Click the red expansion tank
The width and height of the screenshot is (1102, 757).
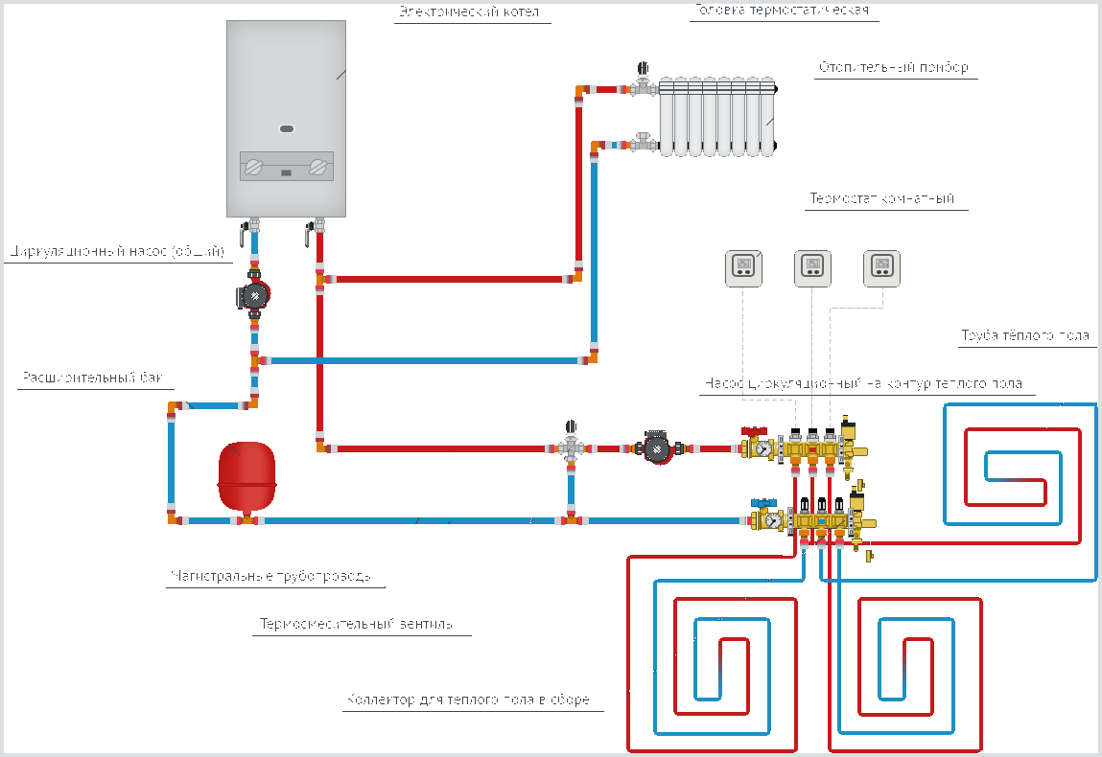pyautogui.click(x=246, y=475)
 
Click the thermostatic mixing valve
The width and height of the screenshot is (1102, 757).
pyautogui.click(x=572, y=447)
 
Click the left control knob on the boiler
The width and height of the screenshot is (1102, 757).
pyautogui.click(x=254, y=168)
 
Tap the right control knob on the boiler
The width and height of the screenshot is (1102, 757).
pyautogui.click(x=317, y=168)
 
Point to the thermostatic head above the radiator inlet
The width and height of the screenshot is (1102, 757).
pyautogui.click(x=642, y=70)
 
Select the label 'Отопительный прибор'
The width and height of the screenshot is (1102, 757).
pyautogui.click(x=893, y=68)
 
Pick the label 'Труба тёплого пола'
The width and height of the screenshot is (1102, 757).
pyautogui.click(x=1025, y=336)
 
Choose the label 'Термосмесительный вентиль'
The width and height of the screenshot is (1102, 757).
pyautogui.click(x=355, y=625)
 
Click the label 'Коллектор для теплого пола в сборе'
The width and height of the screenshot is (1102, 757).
pyautogui.click(x=468, y=700)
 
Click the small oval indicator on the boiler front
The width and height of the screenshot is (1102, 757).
pyautogui.click(x=287, y=127)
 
